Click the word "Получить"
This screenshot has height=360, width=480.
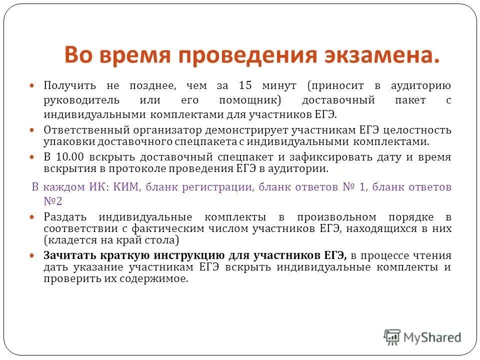(x=65, y=85)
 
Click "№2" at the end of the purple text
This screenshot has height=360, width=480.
(x=52, y=200)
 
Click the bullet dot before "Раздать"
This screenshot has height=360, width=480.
(x=33, y=217)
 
